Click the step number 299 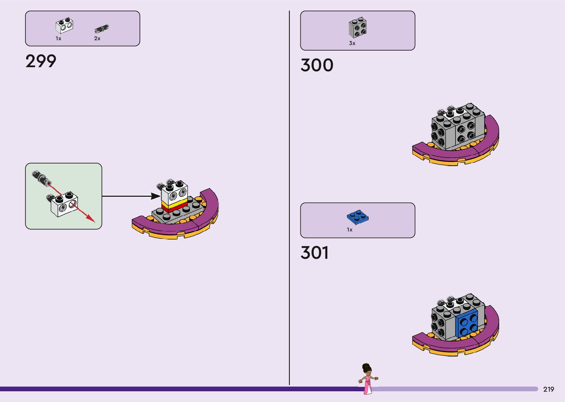click(41, 61)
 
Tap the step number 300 click(317, 65)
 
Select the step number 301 click(314, 253)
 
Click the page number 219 click(548, 389)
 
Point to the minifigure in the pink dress click(367, 379)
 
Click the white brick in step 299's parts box click(64, 26)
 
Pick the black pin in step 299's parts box click(101, 28)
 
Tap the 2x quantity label click(97, 38)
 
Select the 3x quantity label click(352, 43)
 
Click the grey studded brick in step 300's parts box click(357, 28)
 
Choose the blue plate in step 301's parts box click(358, 217)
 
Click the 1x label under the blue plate click(349, 230)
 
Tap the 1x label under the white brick click(58, 38)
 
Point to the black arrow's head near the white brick click(156, 196)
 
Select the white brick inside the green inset click(64, 204)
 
